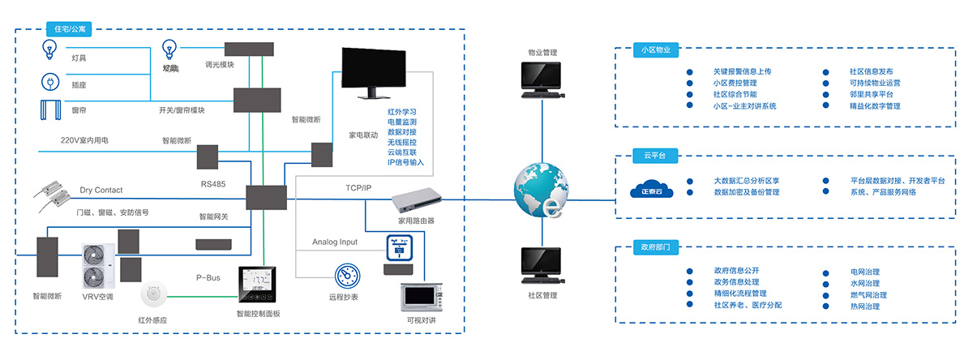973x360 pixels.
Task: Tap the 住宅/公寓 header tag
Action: (69, 29)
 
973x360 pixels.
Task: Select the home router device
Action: (417, 201)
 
